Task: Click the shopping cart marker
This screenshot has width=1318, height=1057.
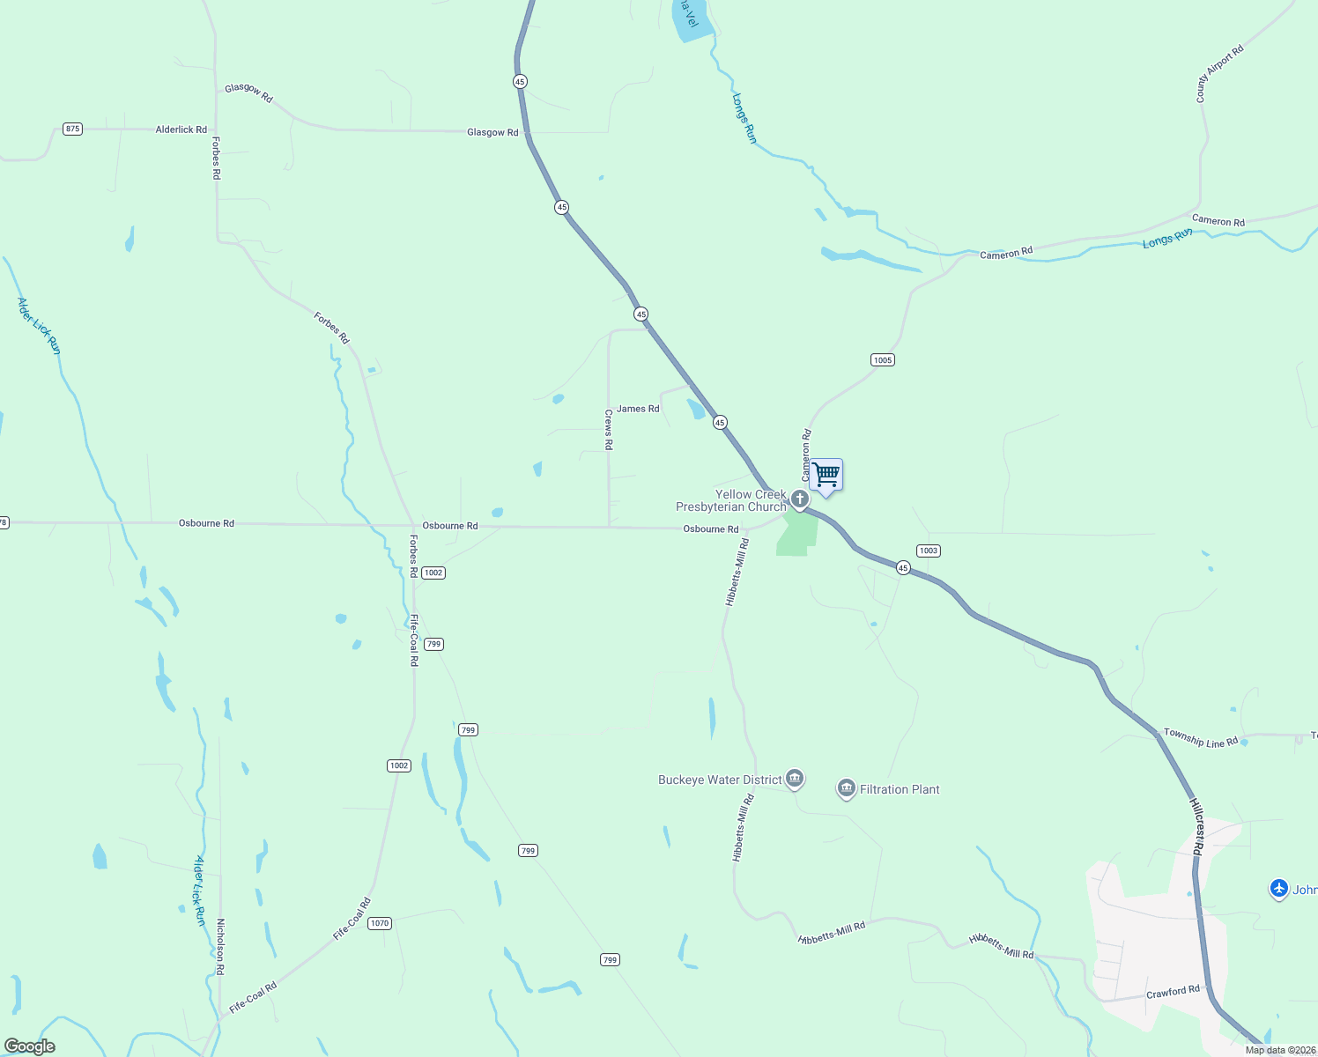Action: pos(826,476)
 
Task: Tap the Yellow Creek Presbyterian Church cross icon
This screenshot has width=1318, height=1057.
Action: pos(800,500)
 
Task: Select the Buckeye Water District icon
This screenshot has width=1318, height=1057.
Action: pos(795,779)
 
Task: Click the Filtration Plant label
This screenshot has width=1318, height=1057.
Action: pos(900,789)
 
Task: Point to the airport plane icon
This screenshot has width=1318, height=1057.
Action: pos(1279,889)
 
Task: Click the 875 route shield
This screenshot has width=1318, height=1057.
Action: pos(73,129)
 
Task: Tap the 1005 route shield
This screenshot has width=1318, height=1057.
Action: pos(883,359)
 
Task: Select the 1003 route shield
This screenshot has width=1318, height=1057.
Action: pos(929,551)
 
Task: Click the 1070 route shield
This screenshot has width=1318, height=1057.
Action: pos(380,923)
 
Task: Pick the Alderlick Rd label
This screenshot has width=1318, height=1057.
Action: pos(181,129)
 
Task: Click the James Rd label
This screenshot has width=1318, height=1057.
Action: pos(638,409)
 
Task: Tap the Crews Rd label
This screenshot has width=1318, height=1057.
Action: pos(609,429)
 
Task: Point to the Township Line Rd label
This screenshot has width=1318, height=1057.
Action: pos(1200,738)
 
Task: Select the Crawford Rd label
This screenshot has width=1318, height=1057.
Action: pos(1173,992)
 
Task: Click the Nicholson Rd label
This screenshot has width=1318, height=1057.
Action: pos(220,947)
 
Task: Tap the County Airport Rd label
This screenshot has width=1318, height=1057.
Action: pos(1219,74)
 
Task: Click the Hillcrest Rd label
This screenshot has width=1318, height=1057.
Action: pos(1196,827)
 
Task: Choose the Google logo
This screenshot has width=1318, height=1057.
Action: pos(30,1046)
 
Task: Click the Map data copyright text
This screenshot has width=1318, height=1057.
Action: pos(1279,1050)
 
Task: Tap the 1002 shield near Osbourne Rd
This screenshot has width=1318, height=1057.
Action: pos(433,573)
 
